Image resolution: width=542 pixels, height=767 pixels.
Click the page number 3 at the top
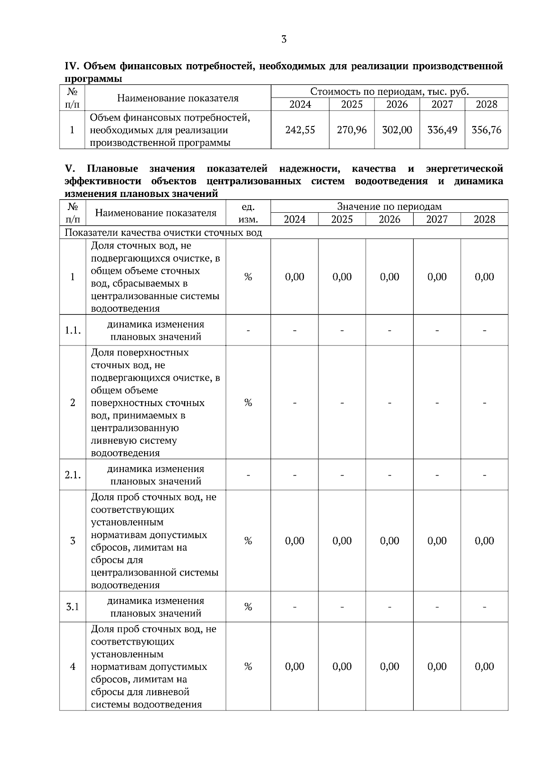click(284, 39)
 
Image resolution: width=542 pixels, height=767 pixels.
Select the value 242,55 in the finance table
click(300, 130)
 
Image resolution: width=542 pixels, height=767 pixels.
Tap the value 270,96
click(351, 130)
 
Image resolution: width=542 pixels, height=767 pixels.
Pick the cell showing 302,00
click(397, 130)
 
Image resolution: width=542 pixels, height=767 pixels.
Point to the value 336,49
click(442, 130)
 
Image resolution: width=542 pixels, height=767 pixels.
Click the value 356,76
click(486, 130)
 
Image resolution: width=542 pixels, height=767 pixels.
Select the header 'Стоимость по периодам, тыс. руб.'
click(389, 92)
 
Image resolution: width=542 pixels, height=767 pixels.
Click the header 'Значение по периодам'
click(389, 207)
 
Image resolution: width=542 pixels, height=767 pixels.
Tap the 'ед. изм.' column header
click(248, 213)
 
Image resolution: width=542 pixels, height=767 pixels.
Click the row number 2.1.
click(72, 475)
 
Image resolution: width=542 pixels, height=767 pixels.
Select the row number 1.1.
click(72, 331)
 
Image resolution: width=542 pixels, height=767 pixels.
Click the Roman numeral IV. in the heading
click(72, 66)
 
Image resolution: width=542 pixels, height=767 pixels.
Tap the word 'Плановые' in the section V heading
click(112, 169)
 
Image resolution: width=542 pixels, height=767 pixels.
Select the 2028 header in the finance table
click(486, 105)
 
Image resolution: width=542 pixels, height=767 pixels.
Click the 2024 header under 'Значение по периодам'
click(294, 220)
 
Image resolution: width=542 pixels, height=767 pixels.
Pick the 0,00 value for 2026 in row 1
click(389, 277)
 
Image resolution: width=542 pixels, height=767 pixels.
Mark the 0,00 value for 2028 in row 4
click(484, 667)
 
